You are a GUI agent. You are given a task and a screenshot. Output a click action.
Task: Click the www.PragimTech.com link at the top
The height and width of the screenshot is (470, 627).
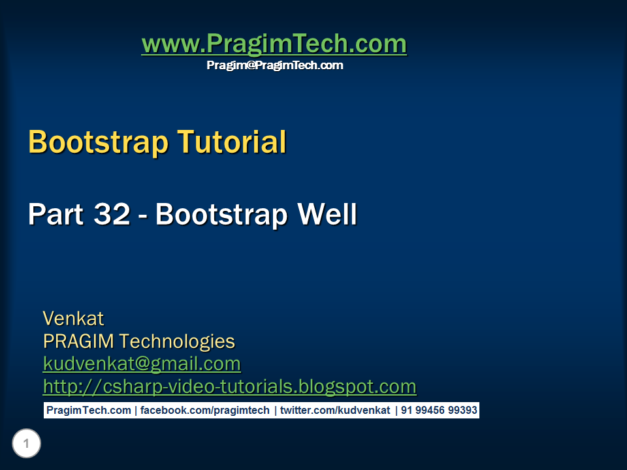tap(274, 44)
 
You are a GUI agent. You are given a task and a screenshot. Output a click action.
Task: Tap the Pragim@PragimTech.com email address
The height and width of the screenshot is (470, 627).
tap(274, 65)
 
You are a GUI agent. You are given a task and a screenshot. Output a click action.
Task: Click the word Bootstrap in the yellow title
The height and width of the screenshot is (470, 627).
tap(99, 142)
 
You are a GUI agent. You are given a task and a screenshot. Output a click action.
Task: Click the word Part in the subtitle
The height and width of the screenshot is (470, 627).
tap(56, 214)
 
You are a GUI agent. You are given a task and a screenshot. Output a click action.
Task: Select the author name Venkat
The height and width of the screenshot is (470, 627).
tap(73, 319)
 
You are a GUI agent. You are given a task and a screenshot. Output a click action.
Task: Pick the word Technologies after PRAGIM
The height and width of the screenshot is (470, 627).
tap(177, 341)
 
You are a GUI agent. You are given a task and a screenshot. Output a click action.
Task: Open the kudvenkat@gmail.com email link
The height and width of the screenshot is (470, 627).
tap(142, 364)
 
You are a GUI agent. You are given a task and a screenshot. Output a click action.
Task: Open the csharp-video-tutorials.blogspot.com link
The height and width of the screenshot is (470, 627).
tap(229, 386)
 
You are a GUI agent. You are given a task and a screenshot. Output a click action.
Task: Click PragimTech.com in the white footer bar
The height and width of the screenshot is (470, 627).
tap(88, 411)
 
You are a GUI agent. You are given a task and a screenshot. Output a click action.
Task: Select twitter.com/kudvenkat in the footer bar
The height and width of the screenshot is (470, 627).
tap(335, 411)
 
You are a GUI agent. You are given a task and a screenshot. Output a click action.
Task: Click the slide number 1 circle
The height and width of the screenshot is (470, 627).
tap(26, 445)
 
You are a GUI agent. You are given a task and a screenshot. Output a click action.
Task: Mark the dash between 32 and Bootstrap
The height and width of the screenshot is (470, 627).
tap(143, 215)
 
